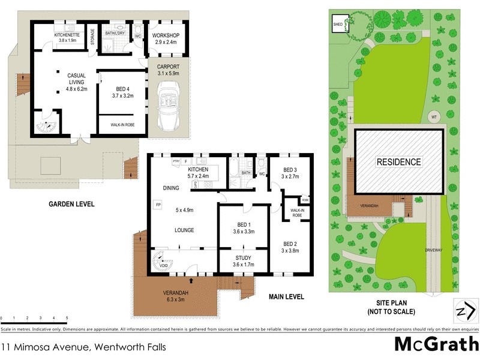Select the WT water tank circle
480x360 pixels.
[433, 117]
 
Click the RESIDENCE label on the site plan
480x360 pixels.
[398, 162]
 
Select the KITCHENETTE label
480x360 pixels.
[67, 35]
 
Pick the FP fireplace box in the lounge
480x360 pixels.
[158, 205]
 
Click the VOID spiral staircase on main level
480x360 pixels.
[163, 263]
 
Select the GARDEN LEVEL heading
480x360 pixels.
[71, 204]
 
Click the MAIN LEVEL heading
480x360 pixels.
[286, 296]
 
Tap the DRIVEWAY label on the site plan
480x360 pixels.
[434, 250]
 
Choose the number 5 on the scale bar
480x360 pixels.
[67, 319]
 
